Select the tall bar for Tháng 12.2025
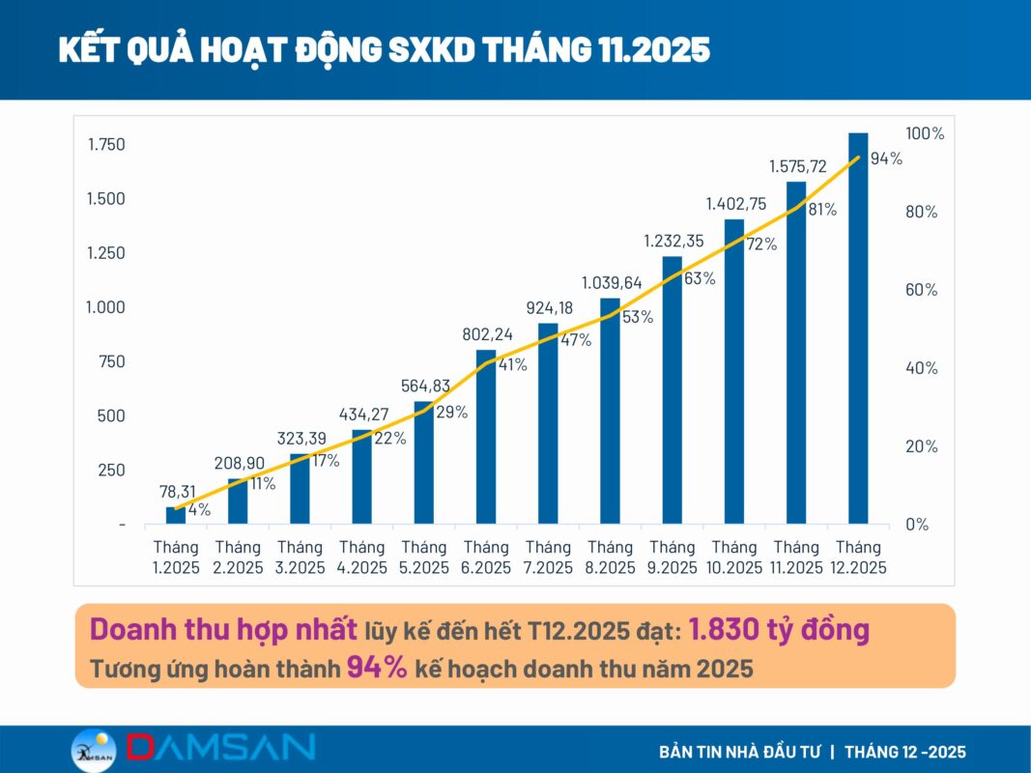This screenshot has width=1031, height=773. click(x=858, y=329)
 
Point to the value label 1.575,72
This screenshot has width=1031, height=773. click(x=798, y=166)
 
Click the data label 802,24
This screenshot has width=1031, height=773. click(x=486, y=334)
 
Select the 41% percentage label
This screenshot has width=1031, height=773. click(x=511, y=365)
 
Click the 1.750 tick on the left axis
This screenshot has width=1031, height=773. click(x=106, y=145)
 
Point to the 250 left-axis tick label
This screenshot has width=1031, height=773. click(x=111, y=470)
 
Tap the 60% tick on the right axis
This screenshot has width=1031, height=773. click(x=921, y=290)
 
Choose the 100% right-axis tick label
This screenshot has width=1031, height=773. click(x=925, y=133)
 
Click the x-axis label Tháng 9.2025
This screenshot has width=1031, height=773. click(x=672, y=558)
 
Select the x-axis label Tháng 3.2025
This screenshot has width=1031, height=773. click(x=301, y=558)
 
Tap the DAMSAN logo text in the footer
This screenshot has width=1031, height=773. click(x=221, y=747)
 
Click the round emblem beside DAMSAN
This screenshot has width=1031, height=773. click(x=94, y=750)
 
